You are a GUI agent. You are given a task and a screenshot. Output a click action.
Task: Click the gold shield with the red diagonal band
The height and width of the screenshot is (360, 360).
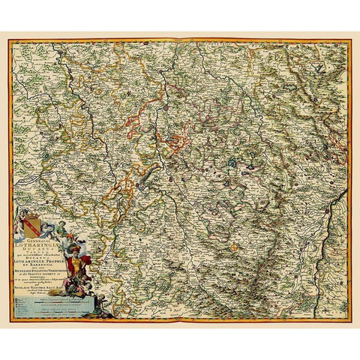32,226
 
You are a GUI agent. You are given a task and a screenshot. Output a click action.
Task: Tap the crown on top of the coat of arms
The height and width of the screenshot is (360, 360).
31,215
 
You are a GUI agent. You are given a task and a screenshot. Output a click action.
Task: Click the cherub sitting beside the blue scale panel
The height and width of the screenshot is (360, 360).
101,301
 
